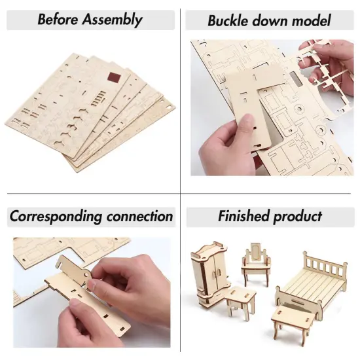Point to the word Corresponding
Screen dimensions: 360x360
point(55,217)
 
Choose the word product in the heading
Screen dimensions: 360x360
point(298,217)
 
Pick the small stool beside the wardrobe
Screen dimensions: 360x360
point(240,305)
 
